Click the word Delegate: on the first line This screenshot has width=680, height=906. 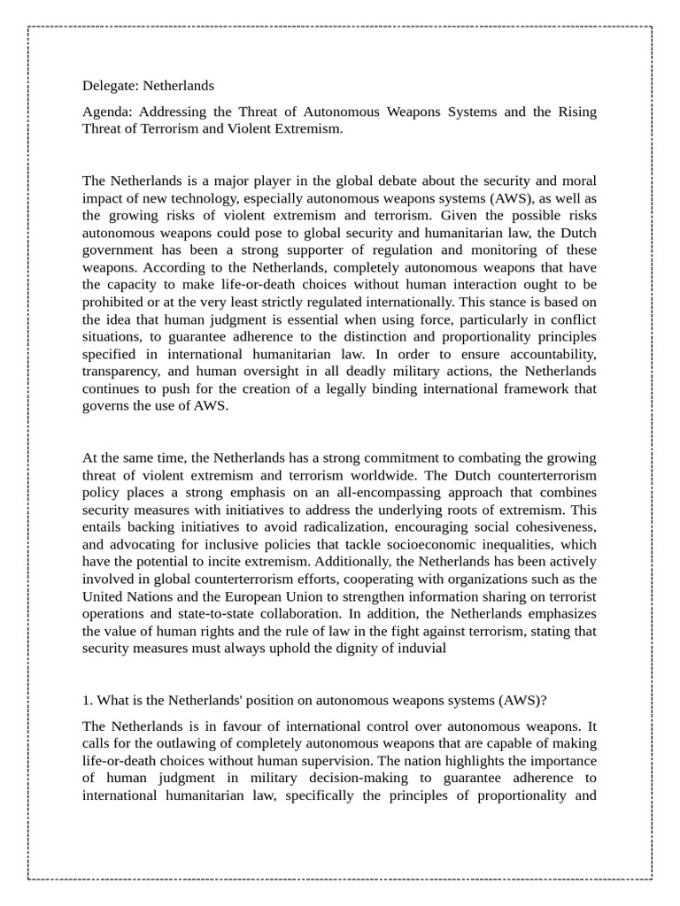coord(110,86)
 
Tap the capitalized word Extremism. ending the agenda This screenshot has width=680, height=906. coord(306,129)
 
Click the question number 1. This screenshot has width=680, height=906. coord(88,701)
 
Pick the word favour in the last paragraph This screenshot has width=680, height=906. coord(253,726)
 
